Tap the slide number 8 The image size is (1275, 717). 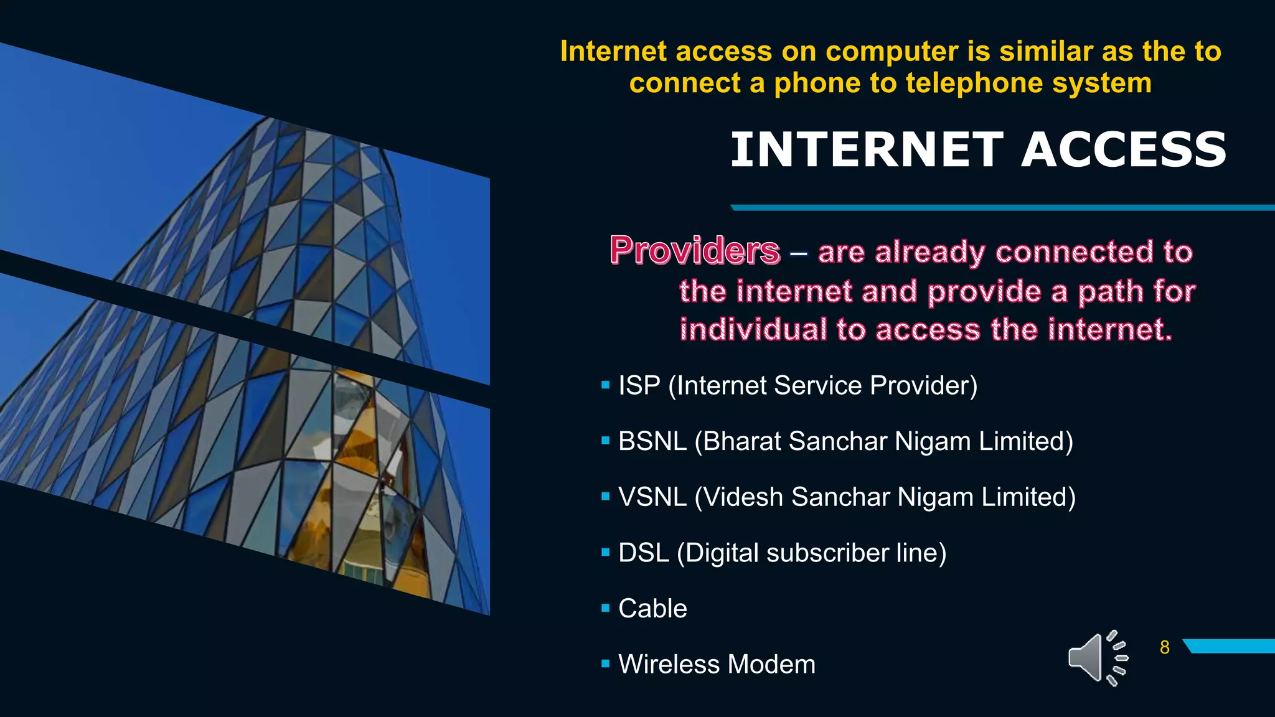pyautogui.click(x=1165, y=647)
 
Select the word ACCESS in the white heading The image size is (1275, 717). pyautogui.click(x=1124, y=150)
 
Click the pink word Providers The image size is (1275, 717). pyautogui.click(x=695, y=250)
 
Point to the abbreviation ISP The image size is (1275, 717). pyautogui.click(x=639, y=386)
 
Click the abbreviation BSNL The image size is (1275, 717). pyautogui.click(x=652, y=441)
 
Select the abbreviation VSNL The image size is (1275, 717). pyautogui.click(x=652, y=497)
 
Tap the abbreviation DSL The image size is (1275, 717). pyautogui.click(x=643, y=553)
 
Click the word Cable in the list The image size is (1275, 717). pyautogui.click(x=652, y=609)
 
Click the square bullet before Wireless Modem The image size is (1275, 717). pyautogui.click(x=605, y=664)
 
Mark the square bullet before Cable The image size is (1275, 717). pyautogui.click(x=605, y=609)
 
